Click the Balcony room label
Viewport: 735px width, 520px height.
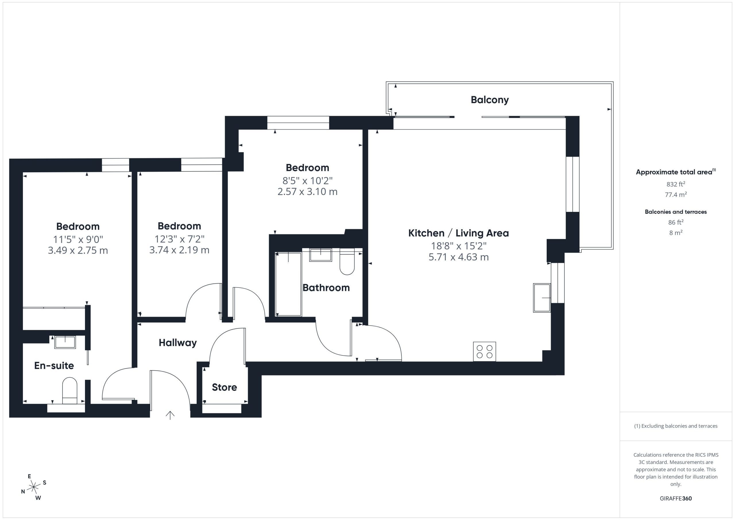pyautogui.click(x=490, y=100)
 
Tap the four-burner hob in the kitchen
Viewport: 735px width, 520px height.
pyautogui.click(x=484, y=351)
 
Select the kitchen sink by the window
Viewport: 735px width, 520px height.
pyautogui.click(x=542, y=298)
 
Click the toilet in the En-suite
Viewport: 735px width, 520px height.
pyautogui.click(x=69, y=391)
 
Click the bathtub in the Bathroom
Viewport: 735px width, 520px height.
pyautogui.click(x=289, y=284)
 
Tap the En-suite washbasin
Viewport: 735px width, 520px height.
pyautogui.click(x=65, y=342)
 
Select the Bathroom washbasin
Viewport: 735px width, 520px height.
pyautogui.click(x=321, y=255)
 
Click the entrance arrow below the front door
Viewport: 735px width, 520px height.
pyautogui.click(x=170, y=415)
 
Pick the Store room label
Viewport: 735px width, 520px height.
pyautogui.click(x=225, y=387)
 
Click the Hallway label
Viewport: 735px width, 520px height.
pyautogui.click(x=178, y=343)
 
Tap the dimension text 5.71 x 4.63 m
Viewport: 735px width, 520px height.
pyautogui.click(x=459, y=257)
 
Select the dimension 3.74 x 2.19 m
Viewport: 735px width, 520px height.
pyautogui.click(x=179, y=250)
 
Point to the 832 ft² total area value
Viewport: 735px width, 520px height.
pyautogui.click(x=676, y=184)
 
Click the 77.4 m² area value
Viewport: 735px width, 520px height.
pyautogui.click(x=676, y=194)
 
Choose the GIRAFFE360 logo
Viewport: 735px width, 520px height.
pyautogui.click(x=676, y=498)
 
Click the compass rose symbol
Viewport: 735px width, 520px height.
pyautogui.click(x=34, y=487)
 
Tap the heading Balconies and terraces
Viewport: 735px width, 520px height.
pyautogui.click(x=676, y=212)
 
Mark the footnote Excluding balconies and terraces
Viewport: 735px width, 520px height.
pyautogui.click(x=676, y=426)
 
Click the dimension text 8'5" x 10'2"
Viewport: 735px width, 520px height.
pyautogui.click(x=307, y=181)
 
